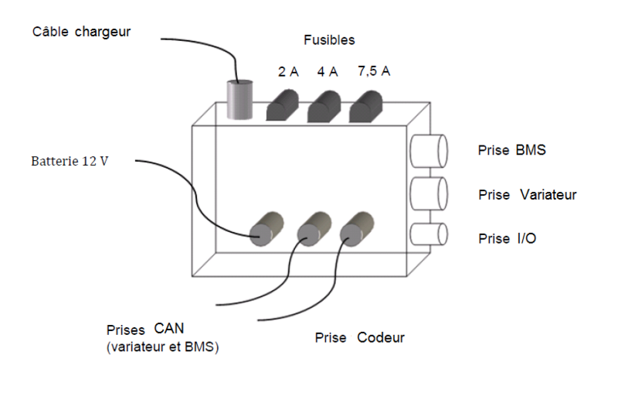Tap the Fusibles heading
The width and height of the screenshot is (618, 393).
point(329,39)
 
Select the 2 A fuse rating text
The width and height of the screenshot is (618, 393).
point(288,72)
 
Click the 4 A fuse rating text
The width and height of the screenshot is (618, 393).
point(328,72)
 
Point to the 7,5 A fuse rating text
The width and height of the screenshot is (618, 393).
point(374,72)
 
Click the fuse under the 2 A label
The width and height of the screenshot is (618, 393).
point(284,106)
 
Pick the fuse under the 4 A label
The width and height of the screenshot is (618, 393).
point(324,106)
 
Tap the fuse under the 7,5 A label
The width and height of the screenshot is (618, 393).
point(366,106)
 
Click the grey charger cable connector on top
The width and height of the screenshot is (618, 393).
point(239,100)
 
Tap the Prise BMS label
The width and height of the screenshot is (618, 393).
point(511,150)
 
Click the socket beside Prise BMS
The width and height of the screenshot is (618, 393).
point(429,150)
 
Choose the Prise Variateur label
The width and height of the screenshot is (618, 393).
point(527,195)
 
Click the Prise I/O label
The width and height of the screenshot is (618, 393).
point(507,239)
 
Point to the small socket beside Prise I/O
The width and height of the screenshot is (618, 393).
point(428,234)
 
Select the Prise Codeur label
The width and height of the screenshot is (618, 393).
point(359,338)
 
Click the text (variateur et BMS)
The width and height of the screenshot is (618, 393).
point(162,347)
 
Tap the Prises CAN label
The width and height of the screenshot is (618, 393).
point(148,331)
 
